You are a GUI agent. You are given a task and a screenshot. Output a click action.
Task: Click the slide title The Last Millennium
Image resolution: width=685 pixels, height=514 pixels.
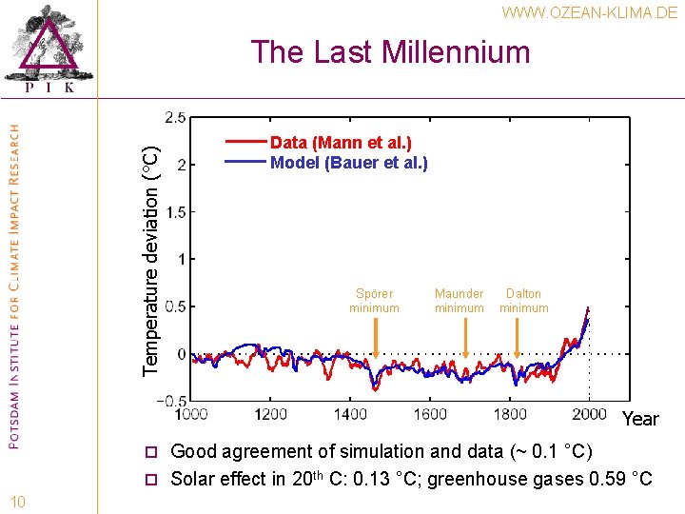click(x=390, y=51)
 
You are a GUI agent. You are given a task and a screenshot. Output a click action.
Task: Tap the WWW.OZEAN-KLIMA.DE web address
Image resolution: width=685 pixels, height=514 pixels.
click(x=589, y=12)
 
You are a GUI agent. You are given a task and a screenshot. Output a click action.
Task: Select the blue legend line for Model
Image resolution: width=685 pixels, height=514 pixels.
click(x=245, y=163)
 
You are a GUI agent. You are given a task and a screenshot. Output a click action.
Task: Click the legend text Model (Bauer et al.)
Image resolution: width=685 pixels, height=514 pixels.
click(x=349, y=163)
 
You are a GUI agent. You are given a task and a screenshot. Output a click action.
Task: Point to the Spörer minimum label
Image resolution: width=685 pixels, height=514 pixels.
click(x=374, y=301)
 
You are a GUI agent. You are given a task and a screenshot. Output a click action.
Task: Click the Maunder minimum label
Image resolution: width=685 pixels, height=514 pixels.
click(x=459, y=301)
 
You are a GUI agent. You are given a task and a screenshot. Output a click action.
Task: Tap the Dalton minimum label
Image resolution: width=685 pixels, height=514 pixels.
click(x=523, y=301)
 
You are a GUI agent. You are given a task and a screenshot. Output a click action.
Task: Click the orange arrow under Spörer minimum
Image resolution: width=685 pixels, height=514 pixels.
click(x=376, y=338)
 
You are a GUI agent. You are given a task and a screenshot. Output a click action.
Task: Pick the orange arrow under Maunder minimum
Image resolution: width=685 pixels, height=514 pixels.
click(x=465, y=338)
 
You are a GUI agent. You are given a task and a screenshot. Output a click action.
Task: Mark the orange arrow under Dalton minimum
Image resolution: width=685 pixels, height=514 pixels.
click(x=517, y=338)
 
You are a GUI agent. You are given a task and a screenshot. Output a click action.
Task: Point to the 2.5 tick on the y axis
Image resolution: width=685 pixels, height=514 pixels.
click(x=175, y=118)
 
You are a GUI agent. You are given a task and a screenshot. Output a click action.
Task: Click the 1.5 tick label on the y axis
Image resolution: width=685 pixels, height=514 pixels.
click(x=175, y=211)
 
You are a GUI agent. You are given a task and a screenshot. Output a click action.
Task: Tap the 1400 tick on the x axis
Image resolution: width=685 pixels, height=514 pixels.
click(x=350, y=414)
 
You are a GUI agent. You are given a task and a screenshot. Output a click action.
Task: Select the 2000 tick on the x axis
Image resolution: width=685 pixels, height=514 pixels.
click(x=590, y=414)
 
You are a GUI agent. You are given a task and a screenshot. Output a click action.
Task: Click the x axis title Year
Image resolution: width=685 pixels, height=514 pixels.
click(x=640, y=420)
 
